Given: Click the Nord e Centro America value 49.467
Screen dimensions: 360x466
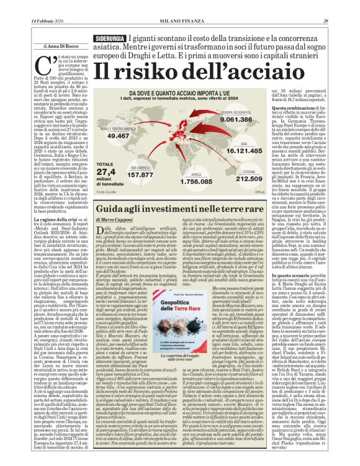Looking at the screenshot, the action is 119,135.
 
